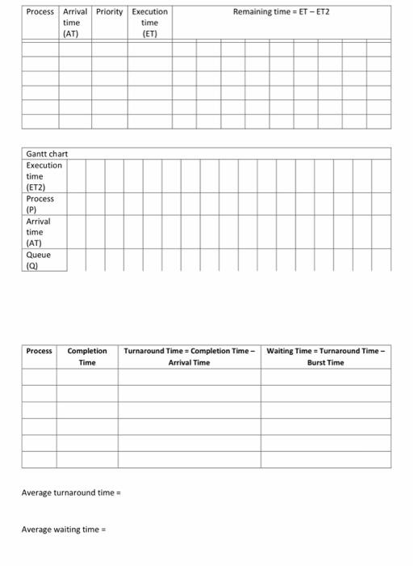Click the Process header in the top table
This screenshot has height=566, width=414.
tap(40, 12)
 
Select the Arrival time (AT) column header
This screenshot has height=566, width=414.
tap(75, 23)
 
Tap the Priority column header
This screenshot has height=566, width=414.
tap(110, 12)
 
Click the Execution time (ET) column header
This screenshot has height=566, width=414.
tap(149, 23)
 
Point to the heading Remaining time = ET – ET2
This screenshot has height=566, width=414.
tap(282, 12)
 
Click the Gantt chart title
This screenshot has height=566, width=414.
tap(47, 154)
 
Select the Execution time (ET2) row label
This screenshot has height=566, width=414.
tap(44, 175)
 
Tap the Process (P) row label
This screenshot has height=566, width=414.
tap(40, 203)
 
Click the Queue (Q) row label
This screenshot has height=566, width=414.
tap(38, 260)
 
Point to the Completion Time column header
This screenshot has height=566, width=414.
tap(87, 357)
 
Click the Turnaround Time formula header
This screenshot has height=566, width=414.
tap(189, 357)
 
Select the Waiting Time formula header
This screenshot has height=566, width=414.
tap(326, 357)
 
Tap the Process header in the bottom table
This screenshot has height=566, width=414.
tap(39, 351)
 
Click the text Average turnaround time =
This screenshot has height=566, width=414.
tap(71, 492)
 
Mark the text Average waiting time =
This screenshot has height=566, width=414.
tap(64, 530)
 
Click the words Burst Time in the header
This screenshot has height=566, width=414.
tap(326, 363)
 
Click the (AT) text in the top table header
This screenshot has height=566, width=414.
tap(74, 35)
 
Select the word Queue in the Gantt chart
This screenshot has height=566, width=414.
tap(38, 255)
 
